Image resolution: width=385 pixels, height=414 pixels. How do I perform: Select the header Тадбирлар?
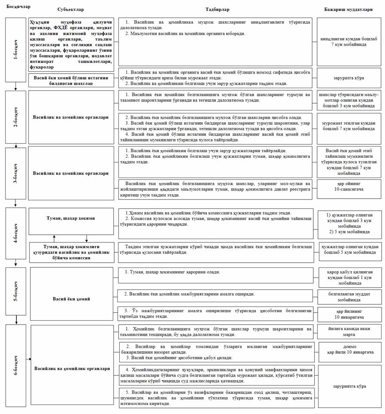click(217, 9)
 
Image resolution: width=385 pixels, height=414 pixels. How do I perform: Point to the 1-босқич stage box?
click(16, 50)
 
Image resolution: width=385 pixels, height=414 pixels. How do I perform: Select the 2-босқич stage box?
click(16, 117)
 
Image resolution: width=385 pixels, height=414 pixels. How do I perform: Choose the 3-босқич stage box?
click(16, 173)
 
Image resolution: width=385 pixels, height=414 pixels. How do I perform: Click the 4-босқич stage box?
click(16, 233)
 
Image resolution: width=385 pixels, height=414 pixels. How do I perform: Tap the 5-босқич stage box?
click(16, 291)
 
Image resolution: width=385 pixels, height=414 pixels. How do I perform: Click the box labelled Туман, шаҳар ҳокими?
click(71, 218)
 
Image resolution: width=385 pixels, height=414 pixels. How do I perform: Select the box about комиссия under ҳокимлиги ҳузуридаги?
click(71, 252)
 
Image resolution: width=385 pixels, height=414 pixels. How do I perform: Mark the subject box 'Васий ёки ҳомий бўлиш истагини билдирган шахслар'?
click(71, 80)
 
